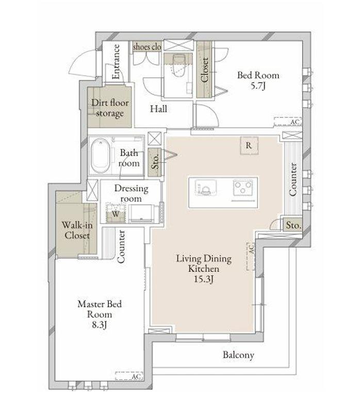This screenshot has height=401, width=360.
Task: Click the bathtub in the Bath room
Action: click(x=101, y=156)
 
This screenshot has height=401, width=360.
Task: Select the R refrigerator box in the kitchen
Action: click(x=249, y=145)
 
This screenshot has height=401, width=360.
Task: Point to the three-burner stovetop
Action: click(x=243, y=188)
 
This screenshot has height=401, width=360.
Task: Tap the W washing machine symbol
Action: click(x=116, y=213)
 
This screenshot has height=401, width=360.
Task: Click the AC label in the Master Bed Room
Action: click(x=136, y=376)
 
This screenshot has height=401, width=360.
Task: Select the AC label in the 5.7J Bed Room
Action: click(x=295, y=122)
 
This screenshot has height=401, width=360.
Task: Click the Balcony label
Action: click(x=238, y=355)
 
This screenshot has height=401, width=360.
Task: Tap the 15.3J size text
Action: click(x=204, y=279)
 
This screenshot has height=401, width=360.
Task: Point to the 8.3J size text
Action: click(x=99, y=325)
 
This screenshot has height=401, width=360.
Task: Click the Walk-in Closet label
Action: click(x=77, y=230)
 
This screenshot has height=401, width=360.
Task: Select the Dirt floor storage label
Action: click(x=110, y=108)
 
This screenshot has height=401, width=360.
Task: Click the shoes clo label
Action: click(x=147, y=47)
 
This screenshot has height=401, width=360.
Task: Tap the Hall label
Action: click(x=159, y=109)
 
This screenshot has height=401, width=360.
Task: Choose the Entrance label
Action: click(x=116, y=62)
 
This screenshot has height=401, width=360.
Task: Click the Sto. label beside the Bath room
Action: click(x=155, y=162)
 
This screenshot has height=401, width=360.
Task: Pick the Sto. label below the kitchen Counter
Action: click(x=293, y=225)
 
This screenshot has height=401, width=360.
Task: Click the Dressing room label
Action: click(x=131, y=193)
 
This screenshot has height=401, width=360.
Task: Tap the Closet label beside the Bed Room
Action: click(x=205, y=70)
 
